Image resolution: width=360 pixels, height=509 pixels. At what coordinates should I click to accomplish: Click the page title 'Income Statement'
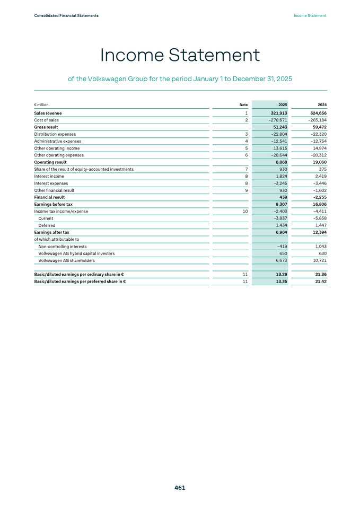click(180, 55)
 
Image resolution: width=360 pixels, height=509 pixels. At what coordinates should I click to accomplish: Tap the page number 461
click(180, 488)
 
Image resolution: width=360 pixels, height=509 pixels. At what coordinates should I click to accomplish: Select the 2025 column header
click(282, 105)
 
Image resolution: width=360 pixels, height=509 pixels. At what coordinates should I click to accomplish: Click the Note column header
click(243, 105)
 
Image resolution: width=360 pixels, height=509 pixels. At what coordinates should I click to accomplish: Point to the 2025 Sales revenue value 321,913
click(276, 113)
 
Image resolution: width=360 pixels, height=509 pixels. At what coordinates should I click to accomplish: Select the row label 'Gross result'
click(46, 127)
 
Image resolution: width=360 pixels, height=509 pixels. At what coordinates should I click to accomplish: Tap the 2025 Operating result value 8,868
click(279, 162)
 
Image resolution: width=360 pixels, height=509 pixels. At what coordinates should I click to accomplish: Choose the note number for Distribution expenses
click(247, 134)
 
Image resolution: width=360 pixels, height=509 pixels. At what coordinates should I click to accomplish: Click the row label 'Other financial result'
click(54, 190)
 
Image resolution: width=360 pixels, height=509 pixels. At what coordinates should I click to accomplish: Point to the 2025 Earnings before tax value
click(279, 204)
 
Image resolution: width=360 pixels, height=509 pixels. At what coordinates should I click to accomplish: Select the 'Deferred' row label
click(47, 225)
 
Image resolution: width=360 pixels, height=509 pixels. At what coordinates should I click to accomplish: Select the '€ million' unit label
click(41, 105)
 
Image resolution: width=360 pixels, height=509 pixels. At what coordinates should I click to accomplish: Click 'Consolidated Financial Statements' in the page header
click(66, 16)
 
